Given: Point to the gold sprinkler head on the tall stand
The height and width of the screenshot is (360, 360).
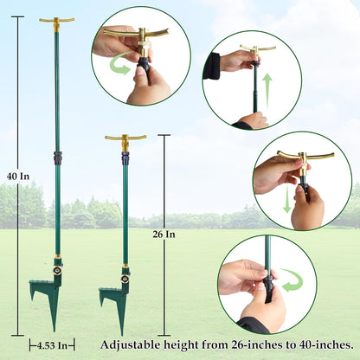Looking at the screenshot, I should point(57,22).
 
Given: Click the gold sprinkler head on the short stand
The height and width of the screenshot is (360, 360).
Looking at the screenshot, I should point(125,138).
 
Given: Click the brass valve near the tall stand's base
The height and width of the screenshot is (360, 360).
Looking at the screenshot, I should point(57,269).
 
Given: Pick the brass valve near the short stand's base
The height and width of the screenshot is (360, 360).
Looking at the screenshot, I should point(125,279).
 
